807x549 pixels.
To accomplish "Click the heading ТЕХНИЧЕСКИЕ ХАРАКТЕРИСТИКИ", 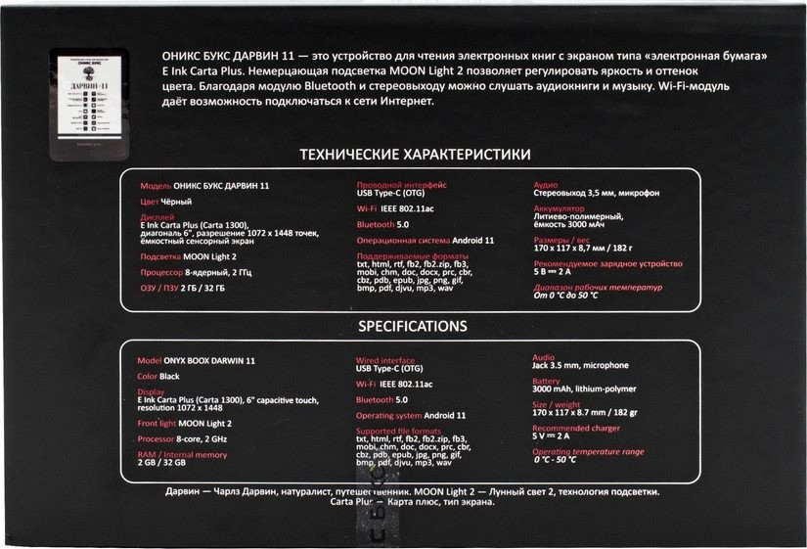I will click(x=415, y=155).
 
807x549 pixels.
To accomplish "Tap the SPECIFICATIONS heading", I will click(x=412, y=326).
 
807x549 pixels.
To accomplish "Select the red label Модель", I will click(x=157, y=185).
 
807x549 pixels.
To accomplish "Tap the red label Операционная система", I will click(x=403, y=240).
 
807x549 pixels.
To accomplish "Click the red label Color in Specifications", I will click(x=148, y=376).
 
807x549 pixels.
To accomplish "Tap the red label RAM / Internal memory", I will click(x=182, y=455).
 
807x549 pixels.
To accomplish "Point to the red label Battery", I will click(x=546, y=381).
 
